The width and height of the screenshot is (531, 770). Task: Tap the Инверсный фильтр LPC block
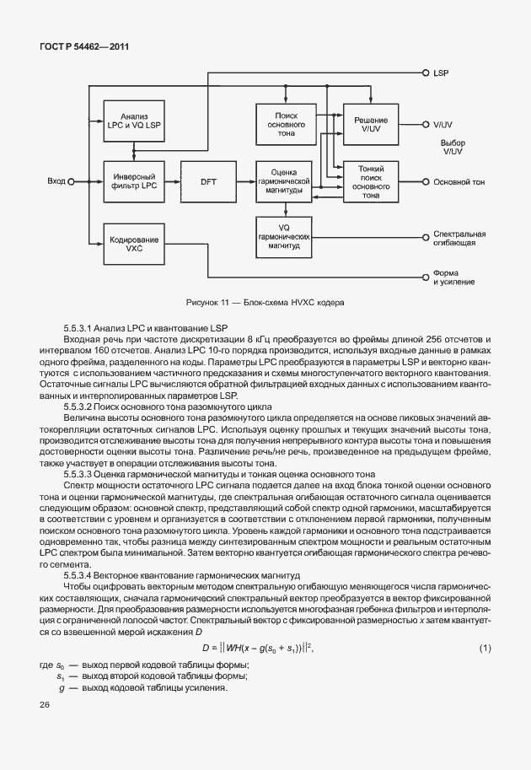133,180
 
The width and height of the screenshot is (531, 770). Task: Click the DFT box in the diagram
209,180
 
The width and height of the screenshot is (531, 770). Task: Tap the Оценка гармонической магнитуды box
286,180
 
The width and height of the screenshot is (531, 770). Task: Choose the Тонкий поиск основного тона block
371,180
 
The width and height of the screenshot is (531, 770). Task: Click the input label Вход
56,180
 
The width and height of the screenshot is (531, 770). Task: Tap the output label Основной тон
459,181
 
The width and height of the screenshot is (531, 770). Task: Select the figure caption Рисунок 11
265,302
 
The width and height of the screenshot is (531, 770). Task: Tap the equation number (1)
485,647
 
